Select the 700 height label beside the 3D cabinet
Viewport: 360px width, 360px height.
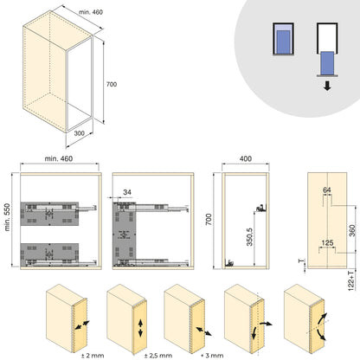[112, 85]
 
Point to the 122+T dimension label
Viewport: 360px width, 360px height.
[353, 280]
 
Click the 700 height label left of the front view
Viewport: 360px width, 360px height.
[209, 222]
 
